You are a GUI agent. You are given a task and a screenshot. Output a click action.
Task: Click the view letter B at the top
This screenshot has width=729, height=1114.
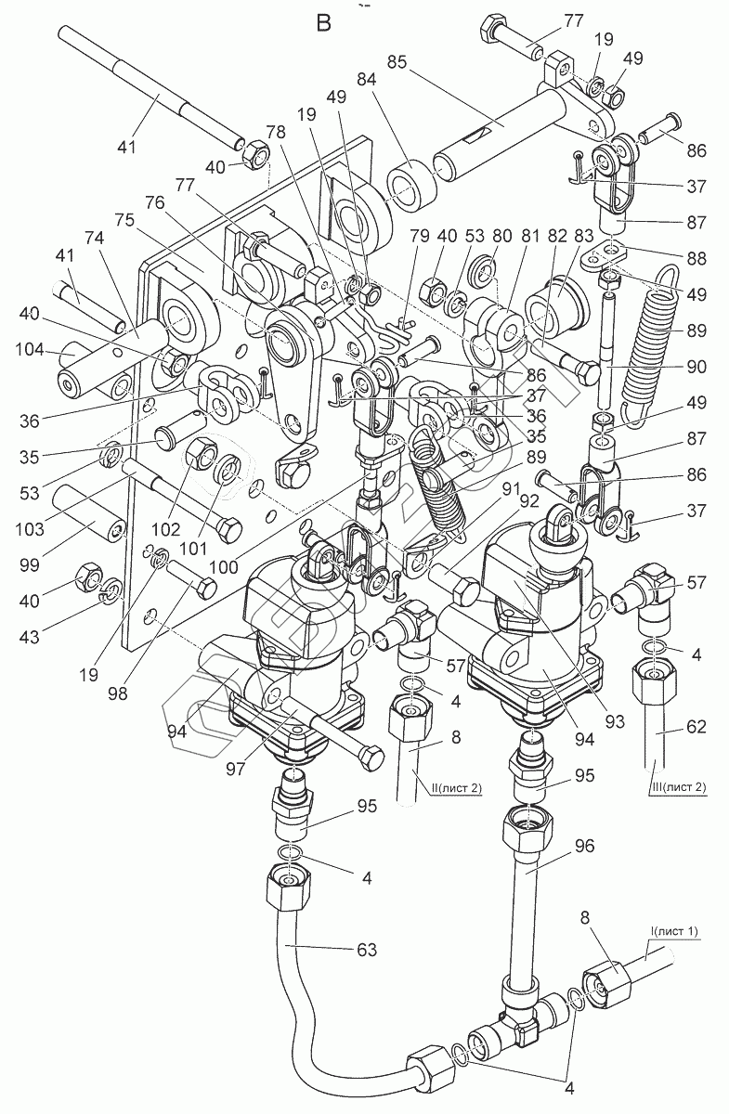point(323,23)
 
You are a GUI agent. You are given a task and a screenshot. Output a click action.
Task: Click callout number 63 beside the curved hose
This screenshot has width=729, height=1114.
point(366,948)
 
